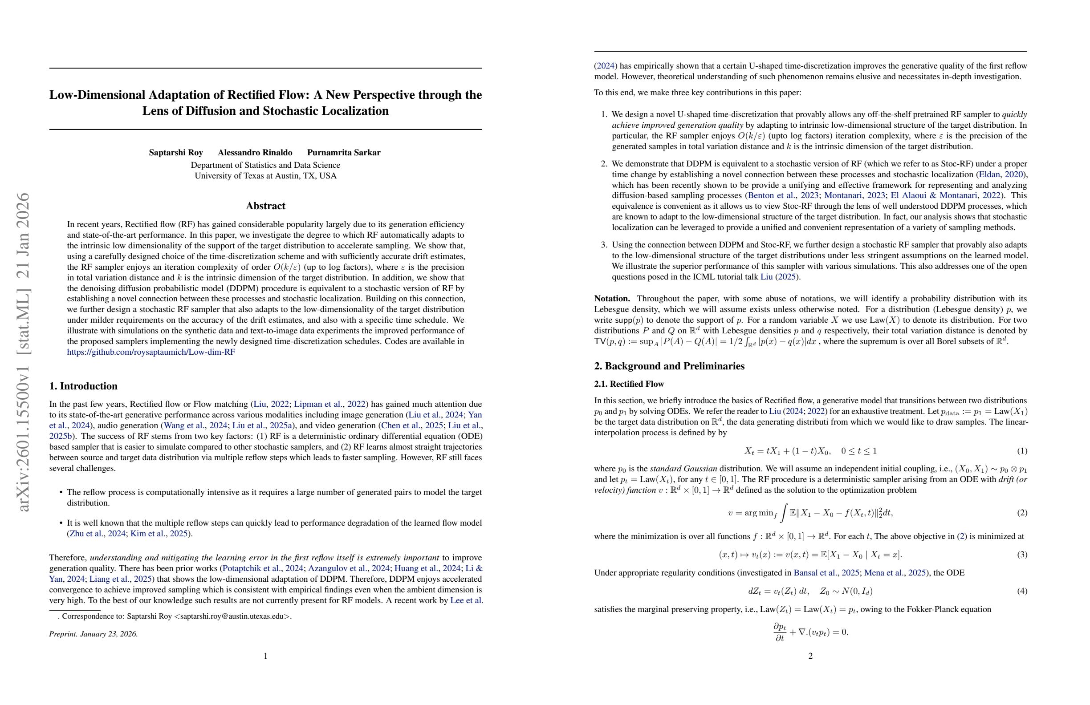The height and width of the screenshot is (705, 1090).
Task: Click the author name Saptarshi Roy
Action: [x=175, y=153]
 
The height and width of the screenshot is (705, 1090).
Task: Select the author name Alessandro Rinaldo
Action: [x=255, y=153]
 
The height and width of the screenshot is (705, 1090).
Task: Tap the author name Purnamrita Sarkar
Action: [x=343, y=153]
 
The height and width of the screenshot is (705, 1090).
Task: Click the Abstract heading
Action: [x=265, y=206]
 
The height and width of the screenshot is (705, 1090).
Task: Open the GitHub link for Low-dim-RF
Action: [x=150, y=352]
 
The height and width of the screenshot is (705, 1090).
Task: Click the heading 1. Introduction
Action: [x=83, y=386]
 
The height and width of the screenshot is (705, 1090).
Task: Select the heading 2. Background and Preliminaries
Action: [x=669, y=366]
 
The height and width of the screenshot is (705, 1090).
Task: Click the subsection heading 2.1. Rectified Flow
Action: [x=629, y=384]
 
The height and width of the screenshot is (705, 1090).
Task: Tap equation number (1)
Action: [x=1022, y=451]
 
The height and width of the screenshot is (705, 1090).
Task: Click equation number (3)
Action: [x=1022, y=555]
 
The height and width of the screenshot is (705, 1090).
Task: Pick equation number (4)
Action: [x=1022, y=591]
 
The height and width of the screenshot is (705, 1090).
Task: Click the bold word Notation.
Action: [x=612, y=299]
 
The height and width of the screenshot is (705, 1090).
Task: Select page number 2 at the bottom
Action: [x=810, y=656]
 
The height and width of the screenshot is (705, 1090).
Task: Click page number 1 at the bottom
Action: [x=265, y=656]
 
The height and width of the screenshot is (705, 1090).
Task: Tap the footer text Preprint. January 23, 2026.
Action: [x=94, y=634]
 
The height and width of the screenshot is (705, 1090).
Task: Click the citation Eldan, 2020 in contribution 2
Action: [x=1001, y=174]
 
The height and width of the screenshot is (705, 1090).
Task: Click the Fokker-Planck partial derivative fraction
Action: [x=780, y=632]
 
